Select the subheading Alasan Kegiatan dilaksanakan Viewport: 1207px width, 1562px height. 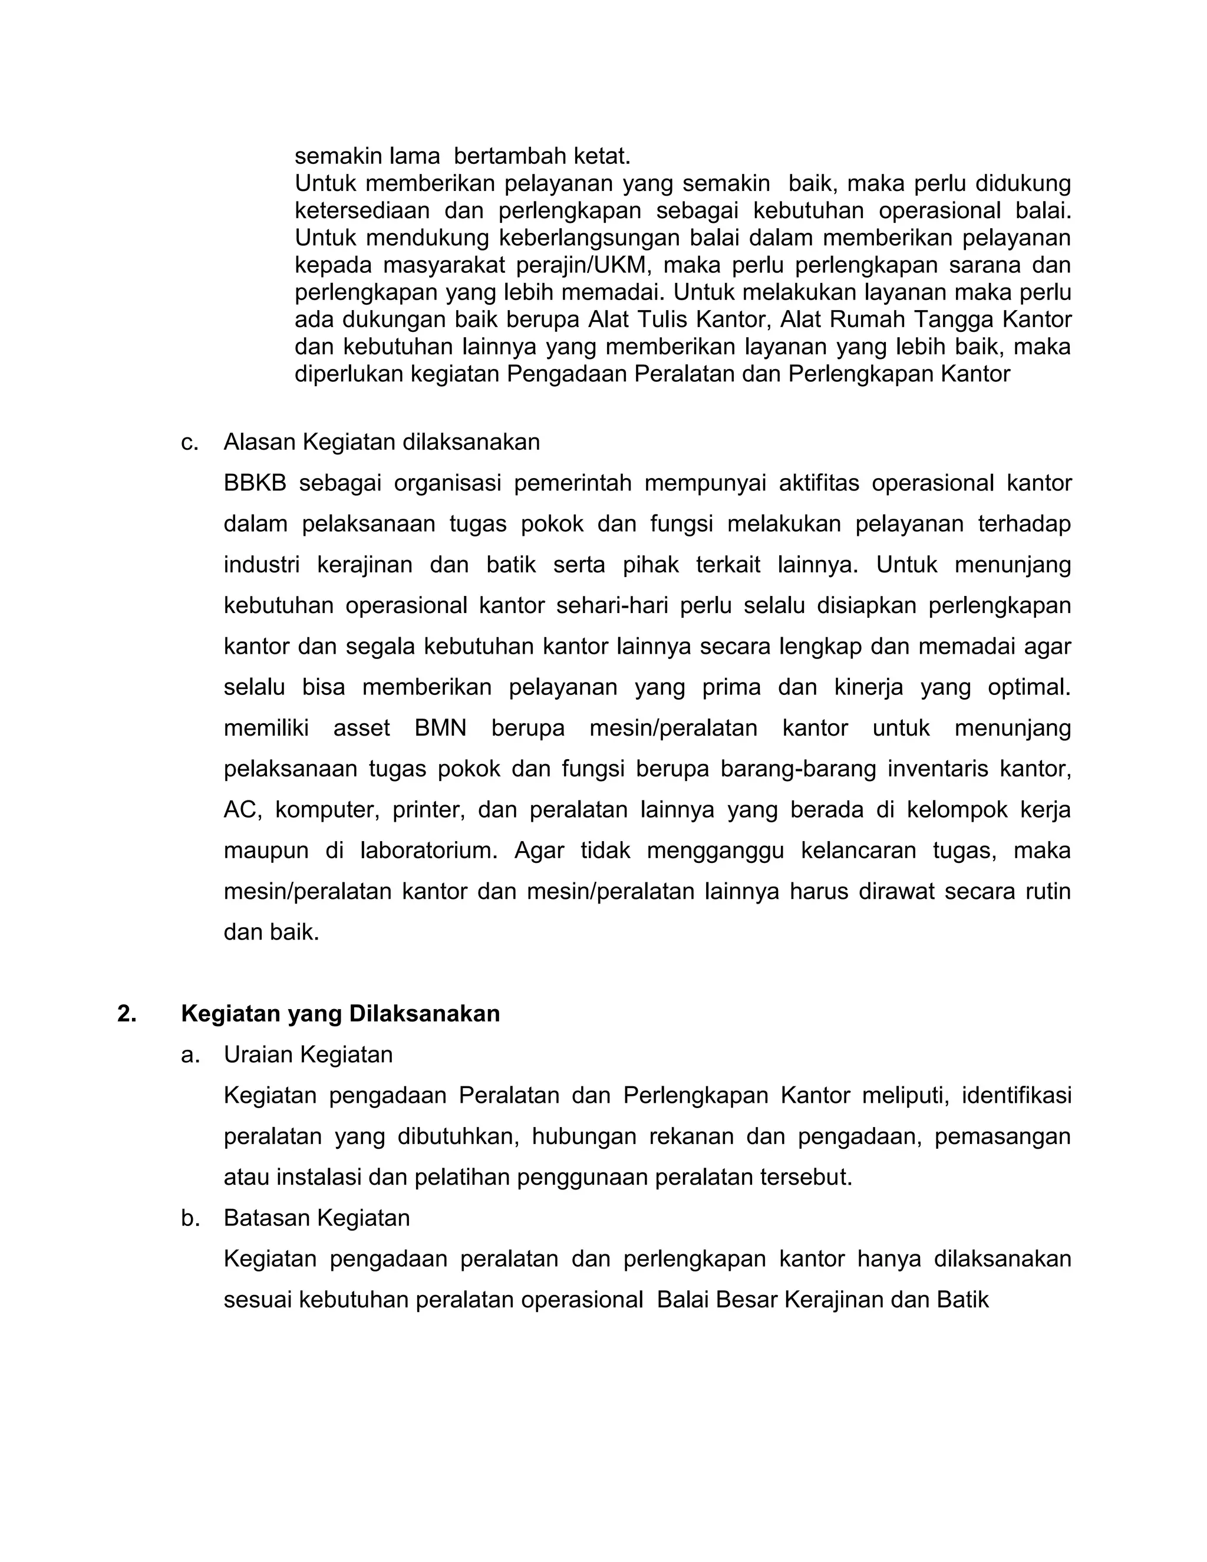(x=381, y=443)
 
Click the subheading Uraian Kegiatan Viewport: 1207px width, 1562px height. (x=308, y=1055)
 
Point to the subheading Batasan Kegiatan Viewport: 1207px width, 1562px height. (x=316, y=1218)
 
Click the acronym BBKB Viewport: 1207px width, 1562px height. (x=255, y=483)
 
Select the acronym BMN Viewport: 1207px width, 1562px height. (x=440, y=729)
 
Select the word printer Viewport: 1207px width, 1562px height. (x=428, y=810)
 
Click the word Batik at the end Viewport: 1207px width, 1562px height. (x=966, y=1300)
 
